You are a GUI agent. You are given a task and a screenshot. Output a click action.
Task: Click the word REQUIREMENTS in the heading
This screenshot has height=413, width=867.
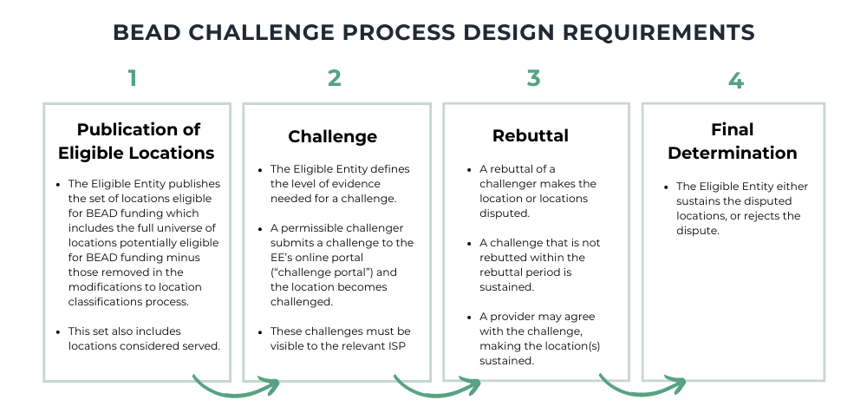659,33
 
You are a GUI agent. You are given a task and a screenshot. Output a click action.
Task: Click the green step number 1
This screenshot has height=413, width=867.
132,79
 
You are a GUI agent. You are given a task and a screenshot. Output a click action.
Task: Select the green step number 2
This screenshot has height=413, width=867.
335,79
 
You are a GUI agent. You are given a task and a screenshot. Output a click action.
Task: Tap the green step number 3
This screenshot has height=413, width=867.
533,79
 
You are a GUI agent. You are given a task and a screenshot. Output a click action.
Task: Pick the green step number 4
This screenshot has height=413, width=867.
735,82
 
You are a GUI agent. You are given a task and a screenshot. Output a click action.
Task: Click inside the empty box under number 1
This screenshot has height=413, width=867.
137,241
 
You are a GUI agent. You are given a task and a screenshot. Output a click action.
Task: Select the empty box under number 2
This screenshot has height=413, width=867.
336,241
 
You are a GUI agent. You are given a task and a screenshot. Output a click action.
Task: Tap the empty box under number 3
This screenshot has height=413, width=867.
537,241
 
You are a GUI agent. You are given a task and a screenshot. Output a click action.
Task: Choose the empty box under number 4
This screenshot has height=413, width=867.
733,241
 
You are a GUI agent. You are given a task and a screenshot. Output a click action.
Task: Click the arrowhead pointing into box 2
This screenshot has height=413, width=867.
274,383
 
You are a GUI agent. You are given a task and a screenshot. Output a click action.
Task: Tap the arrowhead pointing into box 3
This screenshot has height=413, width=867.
474,383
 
